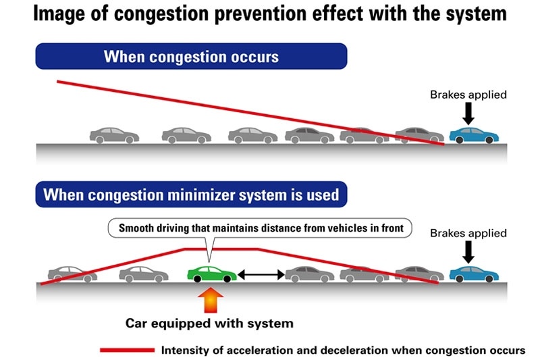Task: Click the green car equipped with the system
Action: pyautogui.click(x=212, y=273)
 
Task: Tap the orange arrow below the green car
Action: pyautogui.click(x=209, y=299)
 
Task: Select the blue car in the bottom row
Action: pyautogui.click(x=474, y=273)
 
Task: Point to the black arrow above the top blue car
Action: pyautogui.click(x=469, y=113)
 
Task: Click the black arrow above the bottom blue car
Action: pyautogui.click(x=469, y=252)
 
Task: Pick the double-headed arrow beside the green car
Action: pyautogui.click(x=260, y=274)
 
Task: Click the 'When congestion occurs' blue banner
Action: pyautogui.click(x=191, y=56)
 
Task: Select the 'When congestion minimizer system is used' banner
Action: pyautogui.click(x=191, y=195)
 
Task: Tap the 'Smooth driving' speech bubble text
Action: pyautogui.click(x=261, y=228)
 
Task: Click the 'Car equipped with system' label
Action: pyautogui.click(x=210, y=323)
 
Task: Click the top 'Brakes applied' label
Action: pyautogui.click(x=468, y=95)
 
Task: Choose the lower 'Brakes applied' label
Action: pyautogui.click(x=468, y=233)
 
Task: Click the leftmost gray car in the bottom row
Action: pyautogui.click(x=71, y=273)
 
